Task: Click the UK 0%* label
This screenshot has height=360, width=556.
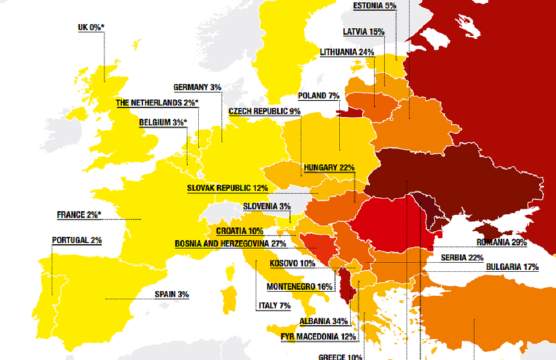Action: tap(90, 27)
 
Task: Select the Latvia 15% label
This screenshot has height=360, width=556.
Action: tap(363, 31)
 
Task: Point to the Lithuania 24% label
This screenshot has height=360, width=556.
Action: tap(347, 52)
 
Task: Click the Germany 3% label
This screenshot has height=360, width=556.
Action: tap(197, 87)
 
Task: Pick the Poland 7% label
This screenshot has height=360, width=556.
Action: tap(319, 96)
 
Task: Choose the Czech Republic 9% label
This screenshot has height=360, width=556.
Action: tap(264, 111)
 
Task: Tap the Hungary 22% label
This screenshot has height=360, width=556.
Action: tap(329, 167)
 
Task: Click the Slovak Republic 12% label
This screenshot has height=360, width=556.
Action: tap(228, 187)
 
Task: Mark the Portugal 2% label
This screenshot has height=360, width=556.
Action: tap(77, 240)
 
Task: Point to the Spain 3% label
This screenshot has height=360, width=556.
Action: tap(171, 294)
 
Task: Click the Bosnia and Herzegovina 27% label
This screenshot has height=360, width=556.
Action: tap(230, 244)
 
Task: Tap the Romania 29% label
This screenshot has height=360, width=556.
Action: tap(502, 242)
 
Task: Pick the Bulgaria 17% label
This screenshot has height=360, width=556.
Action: tap(512, 266)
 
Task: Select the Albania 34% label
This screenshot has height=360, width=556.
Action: tap(323, 321)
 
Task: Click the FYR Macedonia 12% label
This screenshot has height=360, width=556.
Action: tap(319, 336)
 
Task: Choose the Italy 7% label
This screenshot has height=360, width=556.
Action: tap(274, 305)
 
